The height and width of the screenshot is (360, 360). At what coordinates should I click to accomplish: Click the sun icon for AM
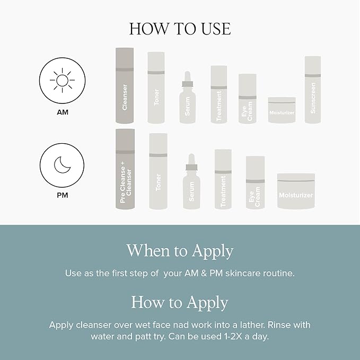(62, 81)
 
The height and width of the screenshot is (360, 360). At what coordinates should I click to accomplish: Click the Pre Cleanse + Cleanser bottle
(125, 170)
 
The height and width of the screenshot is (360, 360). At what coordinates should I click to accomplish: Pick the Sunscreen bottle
(313, 90)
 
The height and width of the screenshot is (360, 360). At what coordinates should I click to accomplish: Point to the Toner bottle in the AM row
(156, 88)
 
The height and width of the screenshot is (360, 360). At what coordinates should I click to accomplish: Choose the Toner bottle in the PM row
(158, 171)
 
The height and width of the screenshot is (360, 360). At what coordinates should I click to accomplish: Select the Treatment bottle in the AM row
(219, 94)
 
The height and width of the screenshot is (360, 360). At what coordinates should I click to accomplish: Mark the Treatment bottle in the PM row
(223, 179)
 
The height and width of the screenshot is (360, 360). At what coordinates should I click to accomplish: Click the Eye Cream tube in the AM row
(247, 99)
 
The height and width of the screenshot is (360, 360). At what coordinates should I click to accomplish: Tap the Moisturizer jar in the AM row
(282, 110)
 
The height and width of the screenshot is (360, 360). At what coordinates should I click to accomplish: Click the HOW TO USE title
(180, 29)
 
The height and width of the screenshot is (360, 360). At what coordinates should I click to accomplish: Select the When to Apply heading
(180, 250)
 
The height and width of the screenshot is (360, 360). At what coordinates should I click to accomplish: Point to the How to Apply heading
(180, 303)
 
